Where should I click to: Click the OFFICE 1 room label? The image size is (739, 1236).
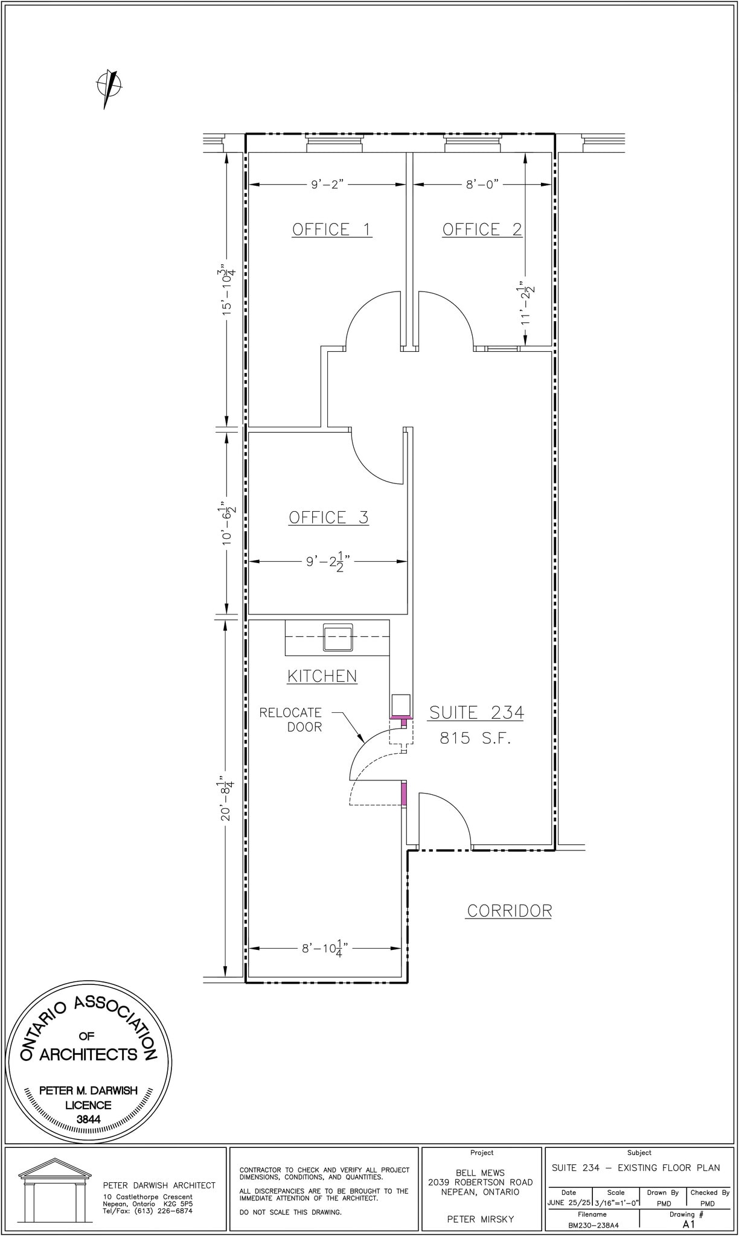coord(331,229)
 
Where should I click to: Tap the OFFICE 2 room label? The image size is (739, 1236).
coord(482,229)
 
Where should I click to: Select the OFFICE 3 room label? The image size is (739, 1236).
coord(328,517)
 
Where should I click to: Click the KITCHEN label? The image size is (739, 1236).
coord(322,676)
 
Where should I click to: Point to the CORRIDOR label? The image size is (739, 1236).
coord(509,911)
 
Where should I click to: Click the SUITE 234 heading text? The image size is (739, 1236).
coord(476,713)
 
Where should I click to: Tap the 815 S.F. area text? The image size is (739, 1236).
coord(475,738)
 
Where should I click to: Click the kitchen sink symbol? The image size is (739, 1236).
coord(338,637)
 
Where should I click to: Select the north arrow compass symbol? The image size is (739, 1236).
coord(109,86)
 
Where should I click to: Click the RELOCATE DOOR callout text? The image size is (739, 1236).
coord(291,720)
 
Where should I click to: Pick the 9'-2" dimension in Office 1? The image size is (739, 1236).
coord(327,185)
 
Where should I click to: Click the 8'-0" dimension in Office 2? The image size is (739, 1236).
coord(482,185)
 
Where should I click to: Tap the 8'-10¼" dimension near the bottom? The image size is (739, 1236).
coord(325,949)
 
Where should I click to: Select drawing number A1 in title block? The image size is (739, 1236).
coord(689,1225)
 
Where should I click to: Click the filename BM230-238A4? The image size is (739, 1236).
coord(592,1225)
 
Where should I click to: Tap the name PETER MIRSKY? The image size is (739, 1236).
coord(481,1219)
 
